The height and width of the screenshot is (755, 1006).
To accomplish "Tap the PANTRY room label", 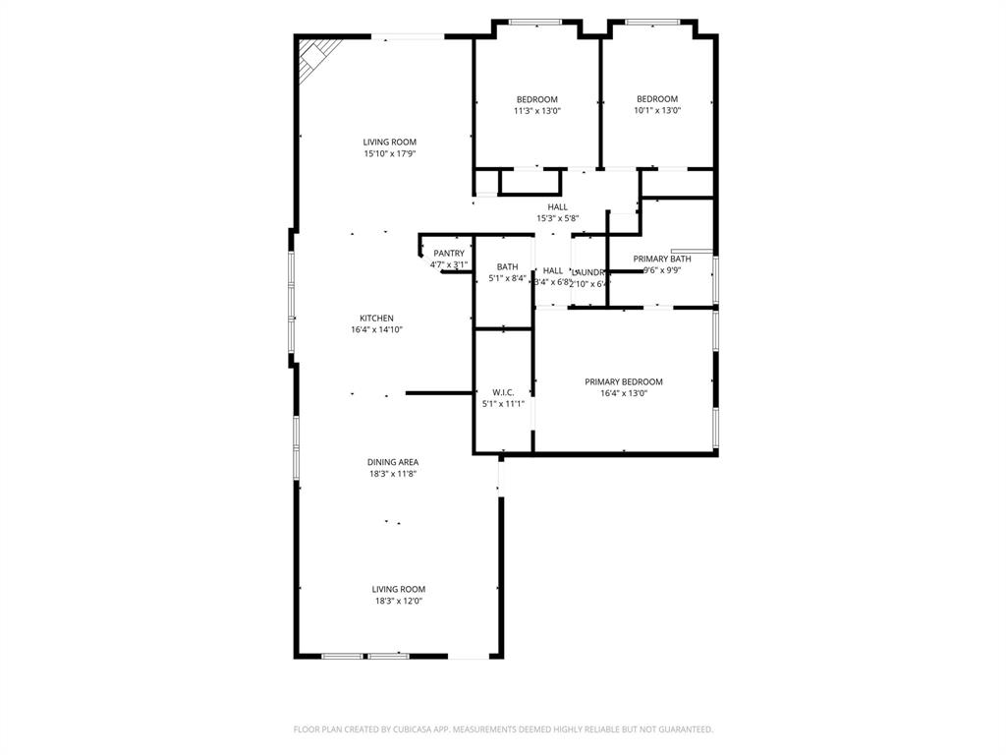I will click(x=449, y=254).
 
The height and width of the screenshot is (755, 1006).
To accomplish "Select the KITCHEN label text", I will click(x=376, y=319).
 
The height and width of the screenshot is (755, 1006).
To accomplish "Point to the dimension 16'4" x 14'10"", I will click(x=376, y=330).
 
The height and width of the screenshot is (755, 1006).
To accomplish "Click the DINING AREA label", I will click(x=393, y=462).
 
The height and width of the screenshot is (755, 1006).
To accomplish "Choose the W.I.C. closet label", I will click(x=503, y=392).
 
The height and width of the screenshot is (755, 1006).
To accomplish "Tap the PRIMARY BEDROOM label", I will click(x=624, y=381).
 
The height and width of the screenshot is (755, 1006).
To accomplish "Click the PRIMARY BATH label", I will click(x=662, y=259).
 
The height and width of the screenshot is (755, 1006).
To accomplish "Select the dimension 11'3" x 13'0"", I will click(x=537, y=111).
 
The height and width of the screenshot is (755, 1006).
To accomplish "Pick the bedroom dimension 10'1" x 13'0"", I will click(x=657, y=111).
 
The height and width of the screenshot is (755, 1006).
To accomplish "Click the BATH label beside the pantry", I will click(x=507, y=266).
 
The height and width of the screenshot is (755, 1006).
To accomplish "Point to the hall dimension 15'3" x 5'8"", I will click(x=557, y=218).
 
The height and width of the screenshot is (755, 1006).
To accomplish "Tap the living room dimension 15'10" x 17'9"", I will click(x=390, y=153).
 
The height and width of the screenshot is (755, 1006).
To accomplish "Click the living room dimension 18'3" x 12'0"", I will click(x=398, y=601).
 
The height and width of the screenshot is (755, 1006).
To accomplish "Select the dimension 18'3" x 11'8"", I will click(x=393, y=474).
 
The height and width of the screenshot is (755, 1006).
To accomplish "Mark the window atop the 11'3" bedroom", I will click(x=535, y=22).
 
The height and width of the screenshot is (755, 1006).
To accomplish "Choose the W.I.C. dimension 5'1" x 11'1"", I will click(x=503, y=403).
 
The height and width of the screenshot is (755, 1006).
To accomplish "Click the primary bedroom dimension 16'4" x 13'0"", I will click(x=624, y=393).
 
